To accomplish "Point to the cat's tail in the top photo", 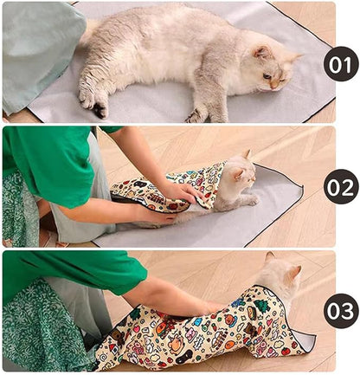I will (x=88, y=32).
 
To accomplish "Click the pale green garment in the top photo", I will (x=39, y=52).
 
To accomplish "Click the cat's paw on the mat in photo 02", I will (x=250, y=201).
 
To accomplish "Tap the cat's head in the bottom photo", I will (x=280, y=275).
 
